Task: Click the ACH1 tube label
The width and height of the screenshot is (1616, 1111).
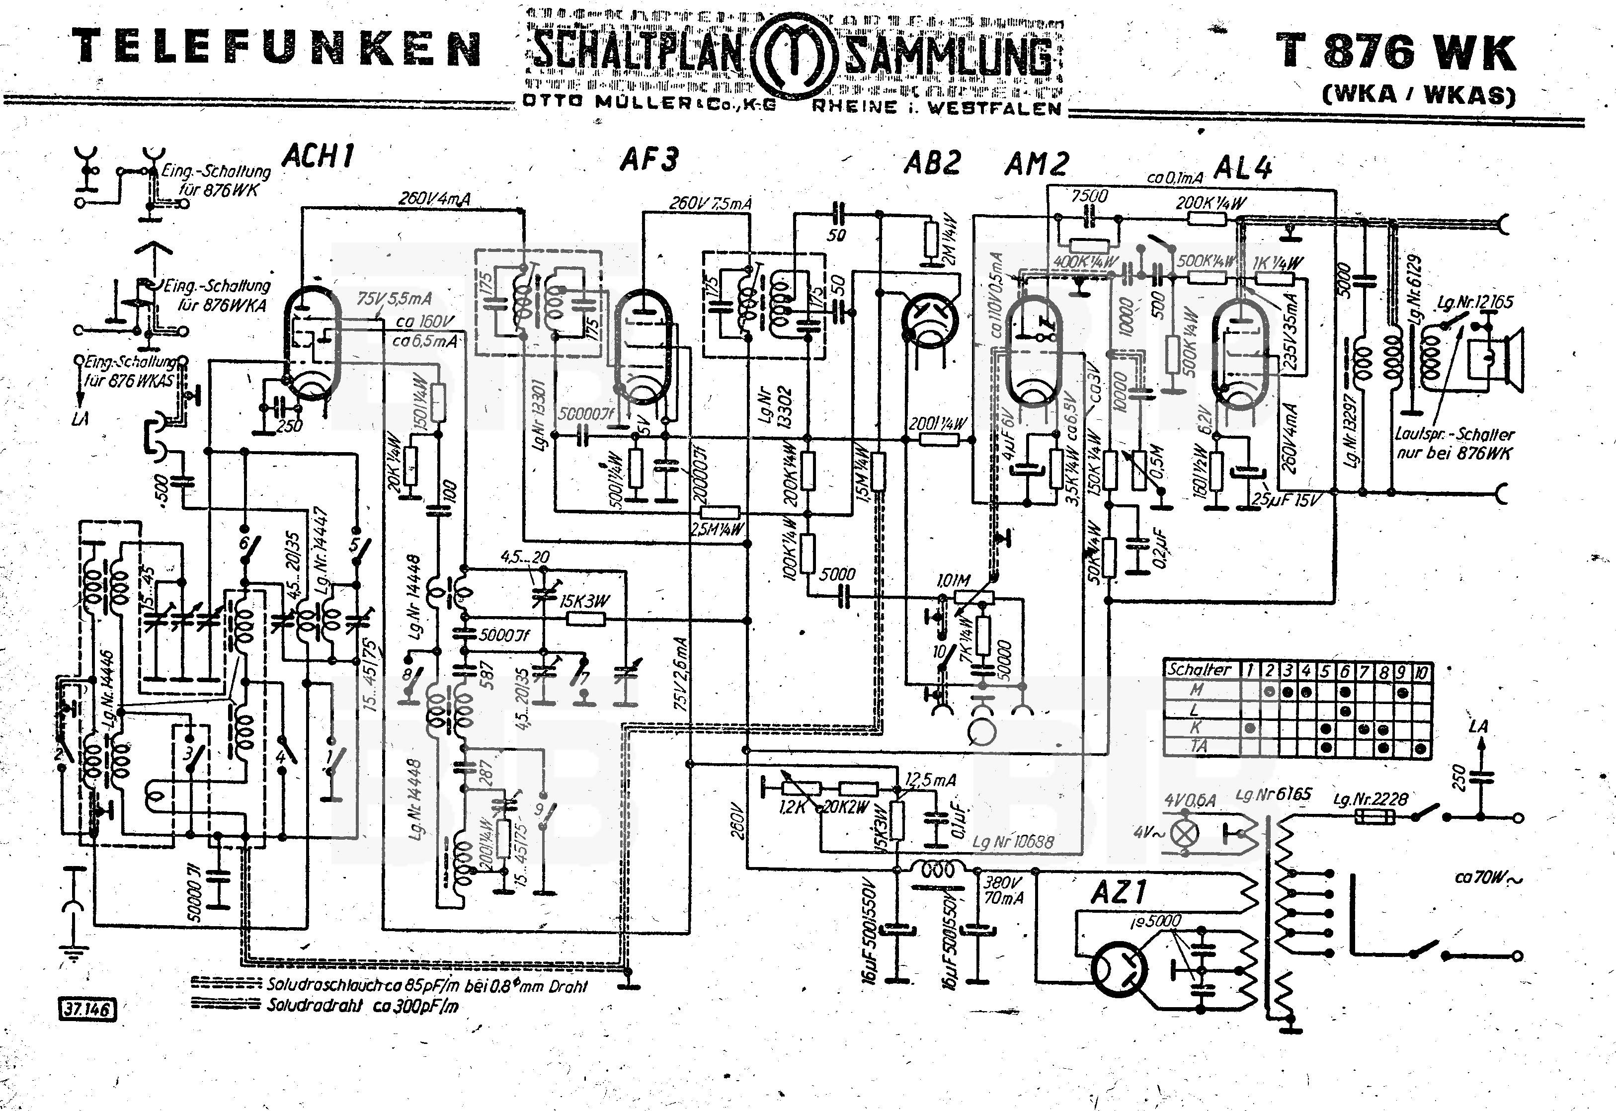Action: (318, 156)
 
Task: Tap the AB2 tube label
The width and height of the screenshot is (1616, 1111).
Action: (932, 163)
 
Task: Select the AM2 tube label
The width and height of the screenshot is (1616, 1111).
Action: (1036, 165)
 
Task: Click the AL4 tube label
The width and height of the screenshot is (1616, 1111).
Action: (1243, 168)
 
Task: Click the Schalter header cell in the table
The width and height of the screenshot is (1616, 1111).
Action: (1199, 670)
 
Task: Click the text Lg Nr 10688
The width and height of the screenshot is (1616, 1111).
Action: (1013, 842)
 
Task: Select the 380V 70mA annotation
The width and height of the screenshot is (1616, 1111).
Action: (1003, 889)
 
